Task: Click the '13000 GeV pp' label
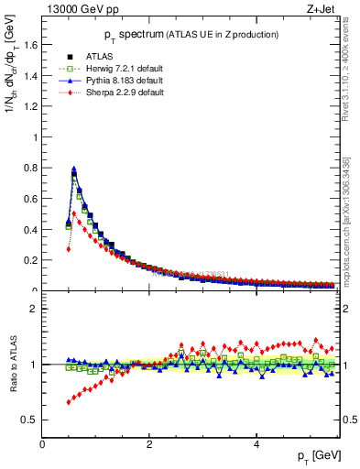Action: pos(78,10)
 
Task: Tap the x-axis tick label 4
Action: pos(256,444)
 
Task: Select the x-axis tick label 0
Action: pos(42,444)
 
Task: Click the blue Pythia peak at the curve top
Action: pos(74,169)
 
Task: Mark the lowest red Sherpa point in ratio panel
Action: pos(69,402)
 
